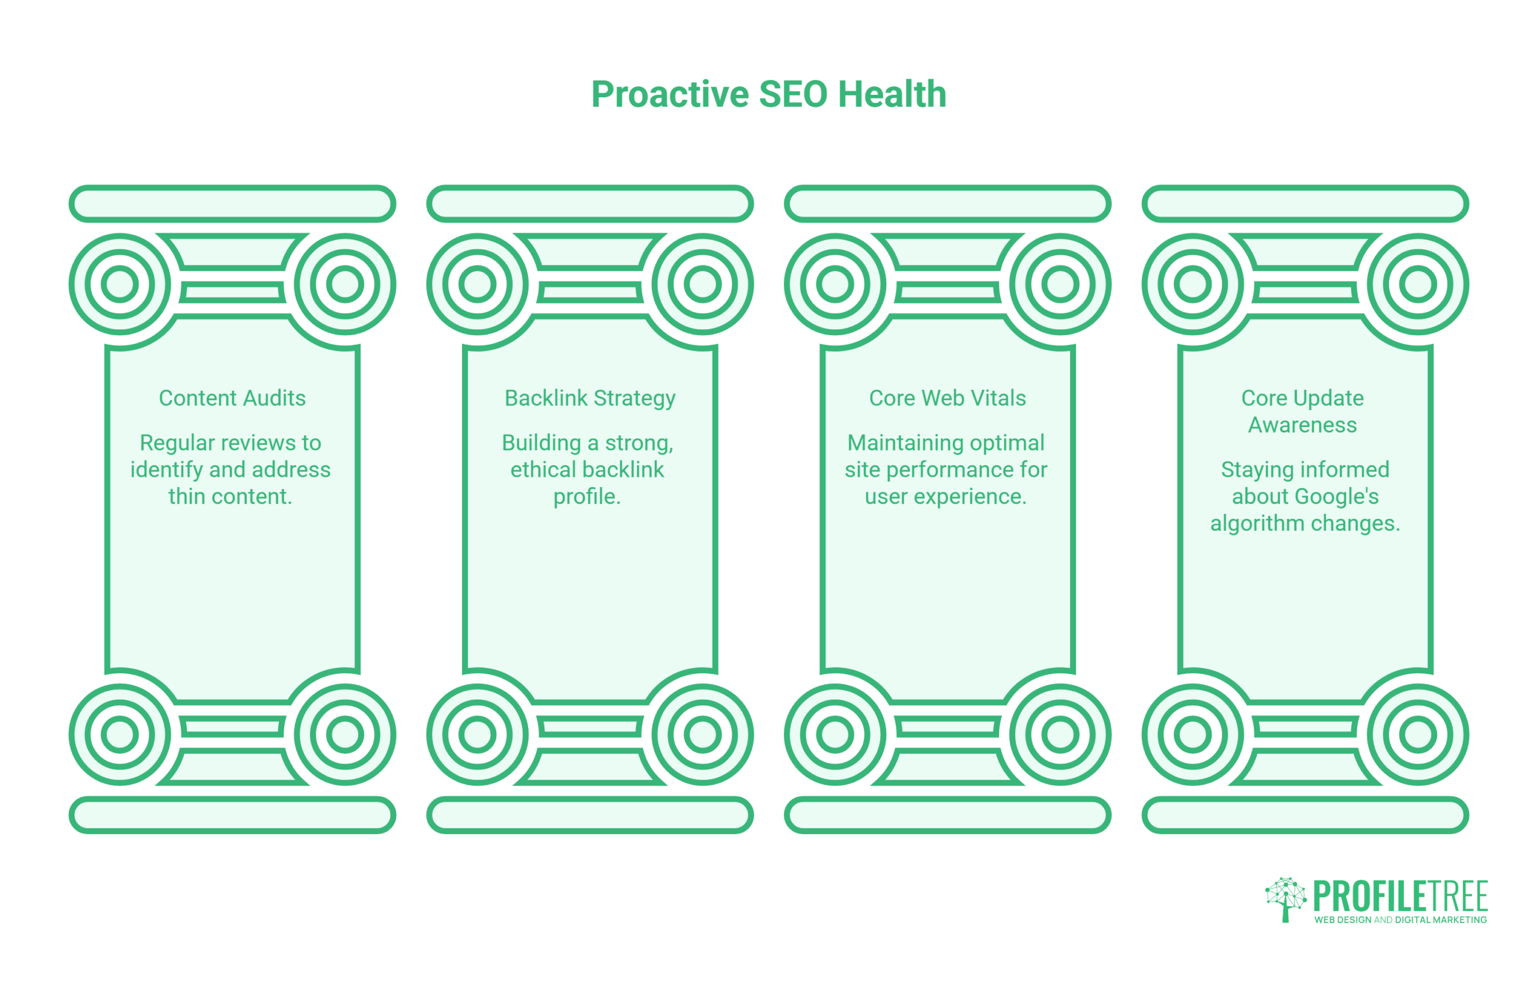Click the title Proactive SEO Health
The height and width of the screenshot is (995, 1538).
pos(768,94)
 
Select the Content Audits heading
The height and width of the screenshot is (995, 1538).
pos(232,398)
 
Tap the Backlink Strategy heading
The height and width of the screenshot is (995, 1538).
pos(590,399)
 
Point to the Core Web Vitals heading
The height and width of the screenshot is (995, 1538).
pos(947,398)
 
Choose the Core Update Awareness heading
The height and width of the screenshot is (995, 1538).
pos(1302,411)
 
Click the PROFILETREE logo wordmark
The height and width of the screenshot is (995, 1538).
pos(1400,896)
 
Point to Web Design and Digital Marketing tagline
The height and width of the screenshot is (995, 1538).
pos(1400,920)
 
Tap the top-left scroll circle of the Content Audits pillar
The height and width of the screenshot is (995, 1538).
pos(120,284)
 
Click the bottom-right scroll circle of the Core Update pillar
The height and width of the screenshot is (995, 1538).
pos(1418,734)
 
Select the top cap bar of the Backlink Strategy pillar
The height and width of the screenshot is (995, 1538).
pos(590,204)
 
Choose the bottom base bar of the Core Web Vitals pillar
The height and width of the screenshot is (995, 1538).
pos(947,815)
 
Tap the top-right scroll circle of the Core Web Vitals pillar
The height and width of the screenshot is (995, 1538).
pos(1060,284)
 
